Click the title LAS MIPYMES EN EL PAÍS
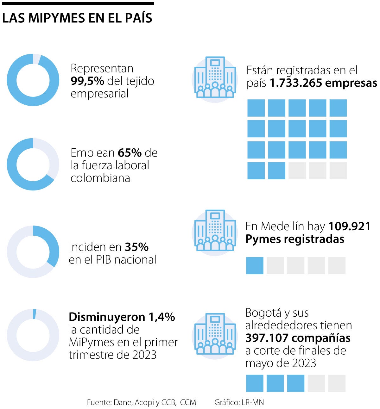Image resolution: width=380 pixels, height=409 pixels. click(x=77, y=18)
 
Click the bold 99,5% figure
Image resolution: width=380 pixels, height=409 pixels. click(x=87, y=81)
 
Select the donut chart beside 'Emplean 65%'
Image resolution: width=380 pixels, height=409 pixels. click(x=33, y=164)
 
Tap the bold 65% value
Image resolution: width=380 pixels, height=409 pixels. click(x=130, y=153)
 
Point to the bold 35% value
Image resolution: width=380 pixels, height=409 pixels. click(x=136, y=247)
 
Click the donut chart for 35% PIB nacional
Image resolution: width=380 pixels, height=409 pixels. click(x=33, y=252)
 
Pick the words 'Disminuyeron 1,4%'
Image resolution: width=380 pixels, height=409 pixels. click(x=122, y=317)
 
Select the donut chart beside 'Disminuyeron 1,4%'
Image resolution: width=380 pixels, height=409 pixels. click(x=33, y=335)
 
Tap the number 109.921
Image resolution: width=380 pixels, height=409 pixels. click(x=349, y=226)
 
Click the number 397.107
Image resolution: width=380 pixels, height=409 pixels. click(x=267, y=338)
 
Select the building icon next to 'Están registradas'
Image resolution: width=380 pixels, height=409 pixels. click(x=215, y=77)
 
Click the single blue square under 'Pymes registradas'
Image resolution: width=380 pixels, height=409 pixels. click(x=255, y=266)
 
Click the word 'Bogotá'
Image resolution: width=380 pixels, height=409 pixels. click(x=264, y=313)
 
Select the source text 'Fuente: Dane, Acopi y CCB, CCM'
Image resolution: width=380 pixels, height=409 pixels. click(x=141, y=402)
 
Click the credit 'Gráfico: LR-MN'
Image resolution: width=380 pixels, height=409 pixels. click(x=239, y=402)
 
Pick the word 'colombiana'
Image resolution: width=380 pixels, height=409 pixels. click(x=100, y=178)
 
